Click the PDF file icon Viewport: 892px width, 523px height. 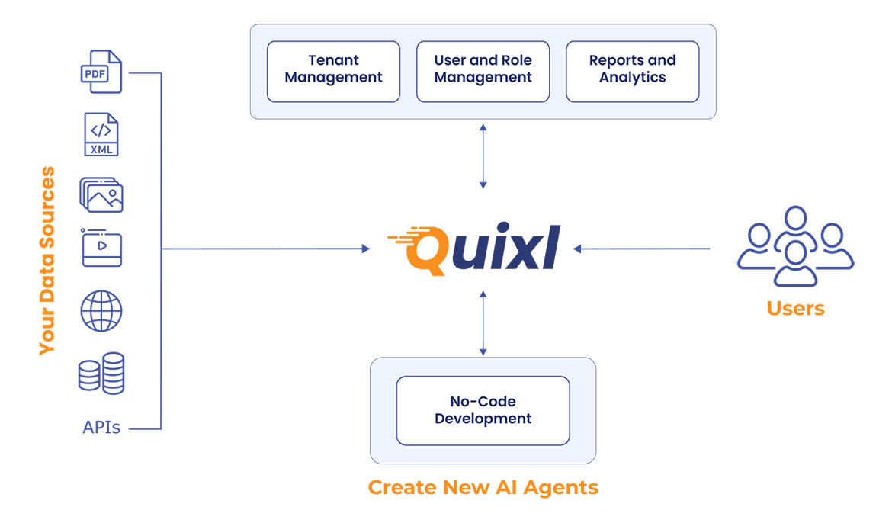[101, 72]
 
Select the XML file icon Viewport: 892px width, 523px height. [101, 135]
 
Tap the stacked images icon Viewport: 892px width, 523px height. [101, 194]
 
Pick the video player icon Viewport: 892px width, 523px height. [101, 248]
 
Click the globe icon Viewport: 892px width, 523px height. [101, 311]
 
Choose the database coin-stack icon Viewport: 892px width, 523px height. [101, 373]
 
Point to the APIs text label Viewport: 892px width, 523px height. [101, 428]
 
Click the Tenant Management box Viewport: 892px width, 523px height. [333, 72]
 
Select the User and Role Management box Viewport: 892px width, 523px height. [483, 72]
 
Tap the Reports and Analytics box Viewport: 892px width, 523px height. [632, 72]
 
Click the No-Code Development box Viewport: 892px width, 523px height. [483, 410]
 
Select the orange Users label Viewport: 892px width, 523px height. [795, 309]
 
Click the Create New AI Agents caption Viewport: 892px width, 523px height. [483, 488]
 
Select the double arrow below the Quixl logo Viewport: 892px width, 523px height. [483, 322]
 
